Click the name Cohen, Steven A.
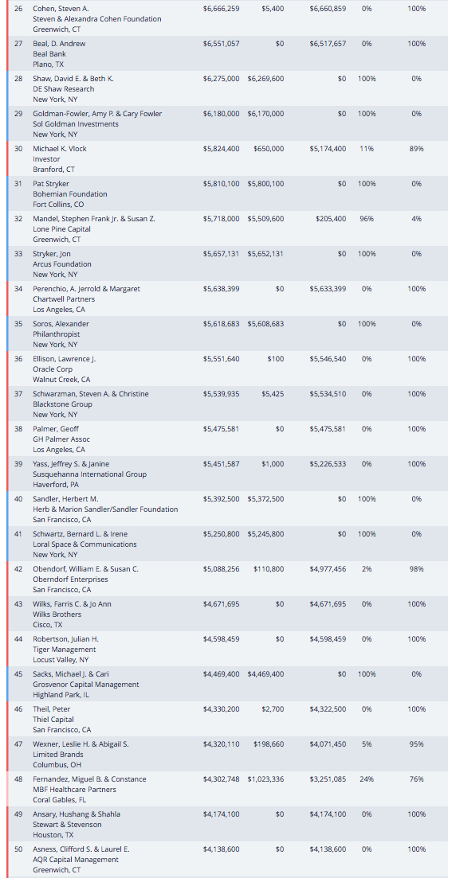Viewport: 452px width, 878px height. tap(61, 9)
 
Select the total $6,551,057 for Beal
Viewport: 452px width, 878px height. tap(221, 44)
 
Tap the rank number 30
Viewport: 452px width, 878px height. tap(18, 149)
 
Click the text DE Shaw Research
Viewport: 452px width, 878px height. tap(63, 89)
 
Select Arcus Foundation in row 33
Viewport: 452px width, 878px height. tap(61, 263)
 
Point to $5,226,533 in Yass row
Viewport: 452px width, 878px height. tap(328, 463)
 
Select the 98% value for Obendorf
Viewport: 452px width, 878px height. tap(416, 569)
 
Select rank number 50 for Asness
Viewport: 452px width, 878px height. tap(18, 849)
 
